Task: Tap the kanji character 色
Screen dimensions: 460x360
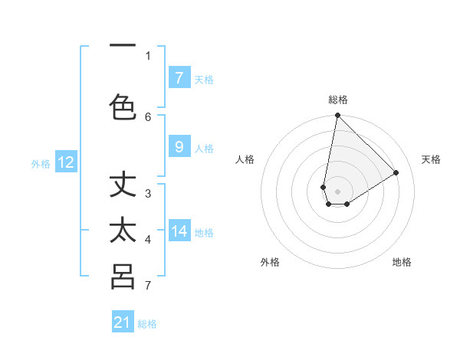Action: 123,106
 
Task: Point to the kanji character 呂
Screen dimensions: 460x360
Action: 123,277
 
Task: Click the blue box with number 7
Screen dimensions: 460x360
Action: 179,77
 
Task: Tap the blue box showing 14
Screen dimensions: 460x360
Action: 179,231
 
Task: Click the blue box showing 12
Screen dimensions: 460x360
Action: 66,162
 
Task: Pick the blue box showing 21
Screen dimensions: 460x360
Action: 123,322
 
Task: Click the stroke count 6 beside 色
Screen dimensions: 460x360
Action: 148,116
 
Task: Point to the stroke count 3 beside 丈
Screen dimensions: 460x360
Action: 148,193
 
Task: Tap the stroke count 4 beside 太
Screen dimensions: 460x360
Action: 148,240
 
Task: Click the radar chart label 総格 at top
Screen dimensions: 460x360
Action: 338,100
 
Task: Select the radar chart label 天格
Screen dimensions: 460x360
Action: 431,159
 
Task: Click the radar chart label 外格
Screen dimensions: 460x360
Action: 270,262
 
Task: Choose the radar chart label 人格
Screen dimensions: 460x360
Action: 245,159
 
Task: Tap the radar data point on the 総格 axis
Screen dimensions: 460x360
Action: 338,116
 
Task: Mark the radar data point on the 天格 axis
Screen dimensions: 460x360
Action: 396,172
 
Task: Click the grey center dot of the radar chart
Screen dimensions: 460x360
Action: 338,191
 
